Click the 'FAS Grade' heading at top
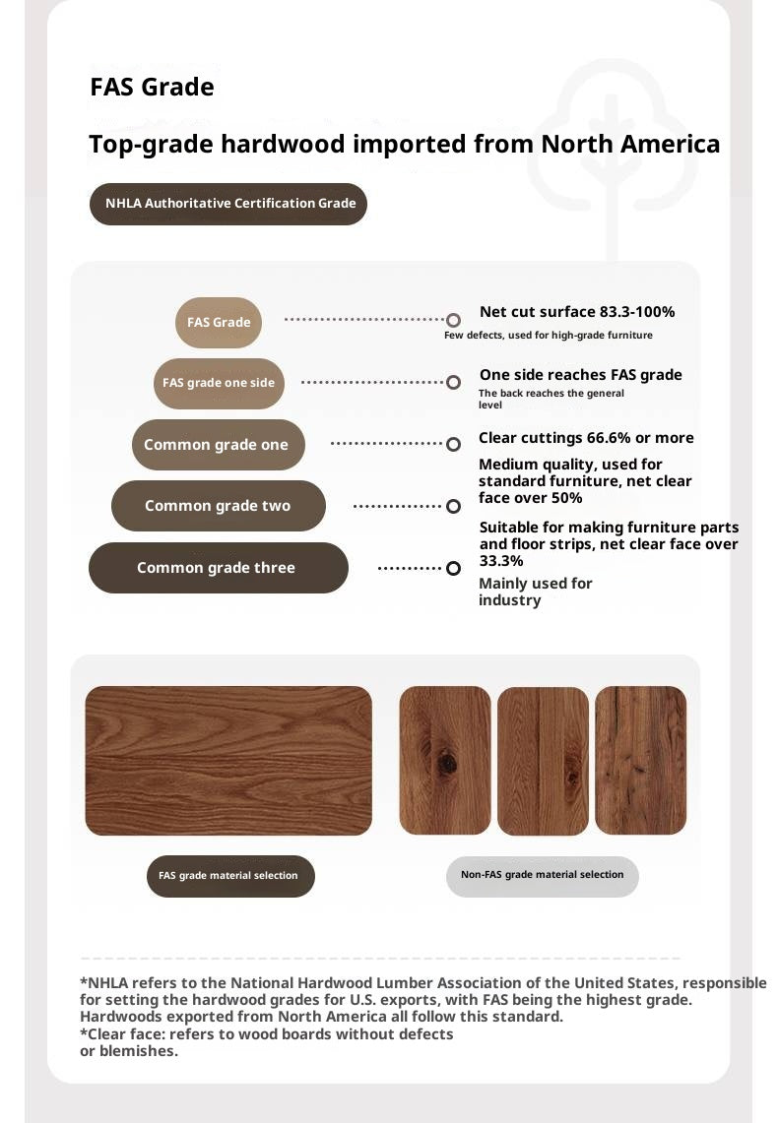152,88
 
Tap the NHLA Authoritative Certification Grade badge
228,204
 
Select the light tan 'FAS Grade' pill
219,323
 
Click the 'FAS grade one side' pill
219,383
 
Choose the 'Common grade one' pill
218,445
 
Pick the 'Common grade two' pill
218,506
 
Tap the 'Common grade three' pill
218,568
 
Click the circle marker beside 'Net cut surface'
453,320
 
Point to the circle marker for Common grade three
453,568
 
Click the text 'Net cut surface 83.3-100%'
576,312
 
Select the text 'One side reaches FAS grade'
580,375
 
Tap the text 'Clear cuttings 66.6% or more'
586,438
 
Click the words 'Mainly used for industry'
535,592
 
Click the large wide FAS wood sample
228,761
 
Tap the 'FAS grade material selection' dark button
230,876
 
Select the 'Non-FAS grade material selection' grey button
542,875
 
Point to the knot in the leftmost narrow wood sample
448,761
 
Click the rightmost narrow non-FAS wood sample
640,761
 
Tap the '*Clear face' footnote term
120,1034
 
